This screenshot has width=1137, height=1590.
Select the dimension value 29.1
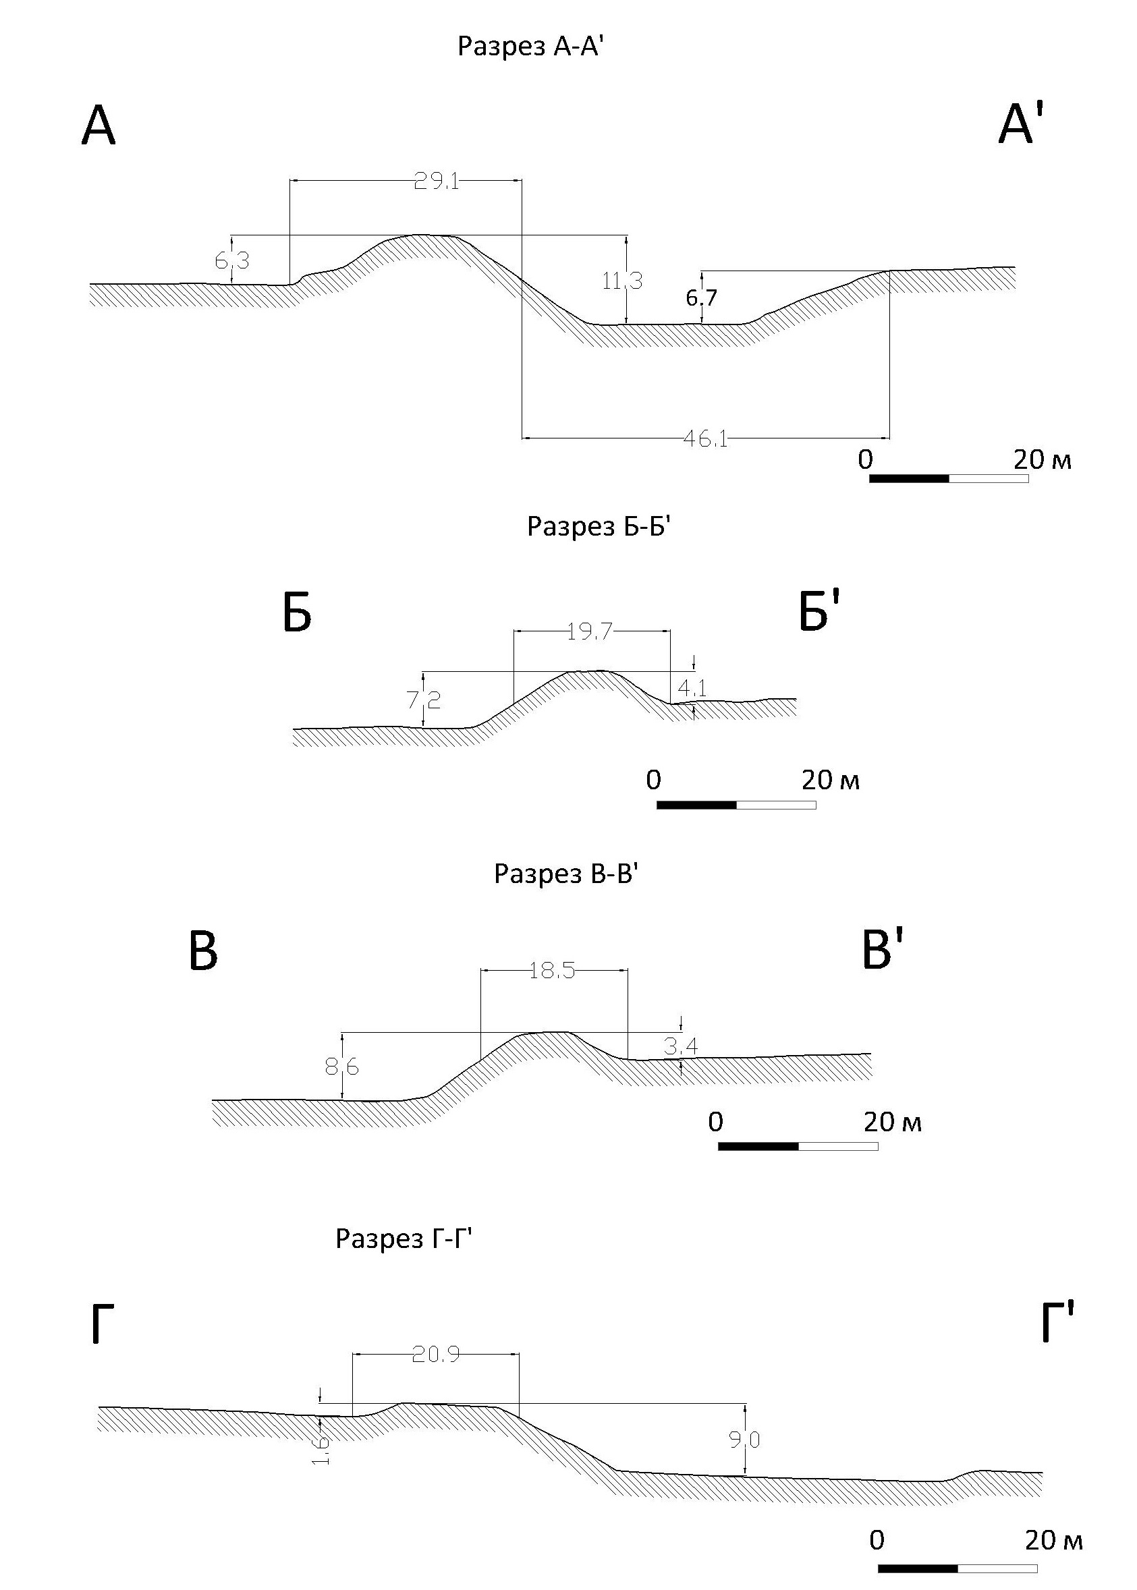pos(435,182)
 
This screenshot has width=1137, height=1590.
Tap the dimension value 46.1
pos(705,439)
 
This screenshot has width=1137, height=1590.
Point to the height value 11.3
pos(621,281)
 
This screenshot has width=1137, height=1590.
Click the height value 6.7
pos(701,298)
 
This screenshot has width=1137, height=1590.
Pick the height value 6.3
pos(231,261)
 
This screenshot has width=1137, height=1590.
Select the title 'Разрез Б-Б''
pos(599,526)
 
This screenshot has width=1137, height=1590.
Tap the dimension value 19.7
pos(590,632)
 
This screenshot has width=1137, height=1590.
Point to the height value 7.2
pos(424,699)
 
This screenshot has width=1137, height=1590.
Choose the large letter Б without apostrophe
pos(297,615)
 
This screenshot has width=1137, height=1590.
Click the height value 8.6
pos(341,1067)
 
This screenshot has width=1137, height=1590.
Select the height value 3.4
pos(680,1047)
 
